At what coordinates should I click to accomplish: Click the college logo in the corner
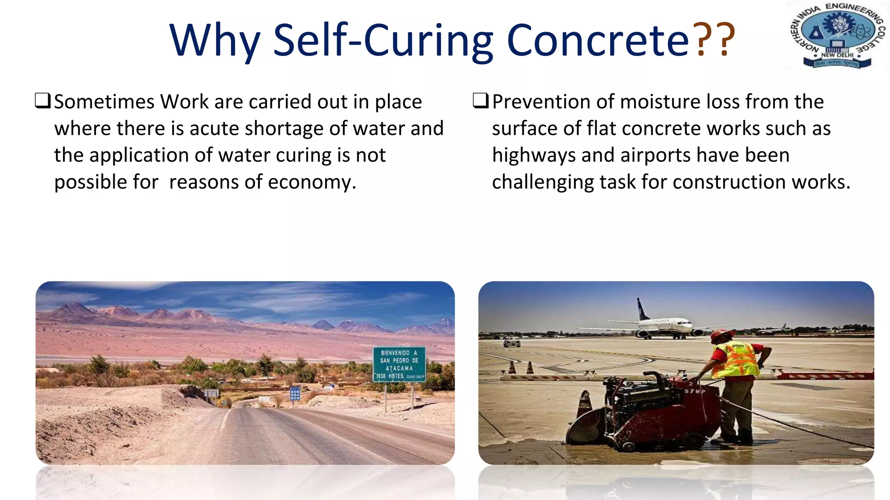(x=837, y=36)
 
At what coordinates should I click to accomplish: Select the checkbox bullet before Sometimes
(x=43, y=101)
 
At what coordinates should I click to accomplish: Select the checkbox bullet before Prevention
(x=481, y=101)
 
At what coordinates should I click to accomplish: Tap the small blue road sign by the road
(x=295, y=393)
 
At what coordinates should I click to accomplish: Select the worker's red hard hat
(x=721, y=335)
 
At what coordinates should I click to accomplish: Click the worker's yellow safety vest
(x=735, y=360)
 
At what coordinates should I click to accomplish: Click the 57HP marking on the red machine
(x=695, y=391)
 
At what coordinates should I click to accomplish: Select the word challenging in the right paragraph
(x=542, y=182)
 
